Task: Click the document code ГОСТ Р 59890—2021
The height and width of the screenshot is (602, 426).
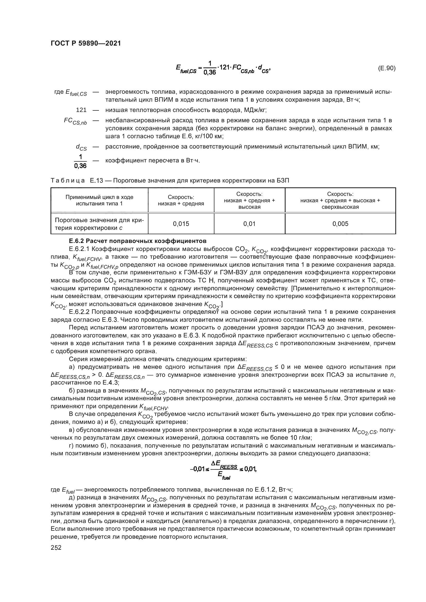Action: [86, 43]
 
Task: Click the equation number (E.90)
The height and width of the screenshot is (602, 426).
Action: [386, 68]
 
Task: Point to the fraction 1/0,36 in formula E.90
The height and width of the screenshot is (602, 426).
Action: [210, 68]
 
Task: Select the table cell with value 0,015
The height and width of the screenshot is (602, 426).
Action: [181, 224]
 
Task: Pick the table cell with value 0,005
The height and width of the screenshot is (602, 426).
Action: [340, 224]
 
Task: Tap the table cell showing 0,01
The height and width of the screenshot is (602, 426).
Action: [249, 224]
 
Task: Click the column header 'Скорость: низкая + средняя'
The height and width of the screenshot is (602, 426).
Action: [181, 200]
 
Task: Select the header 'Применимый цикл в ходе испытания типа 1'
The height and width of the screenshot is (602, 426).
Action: [99, 200]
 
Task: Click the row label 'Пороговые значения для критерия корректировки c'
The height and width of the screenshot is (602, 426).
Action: [99, 224]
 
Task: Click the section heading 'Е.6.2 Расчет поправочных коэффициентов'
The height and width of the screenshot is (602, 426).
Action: [138, 241]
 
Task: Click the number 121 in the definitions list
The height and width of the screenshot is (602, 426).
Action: [81, 110]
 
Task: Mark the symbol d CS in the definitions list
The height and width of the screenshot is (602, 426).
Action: [81, 147]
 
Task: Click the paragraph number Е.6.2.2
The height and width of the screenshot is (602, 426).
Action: [79, 312]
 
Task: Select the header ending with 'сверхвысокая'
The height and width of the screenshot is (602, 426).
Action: [340, 200]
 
